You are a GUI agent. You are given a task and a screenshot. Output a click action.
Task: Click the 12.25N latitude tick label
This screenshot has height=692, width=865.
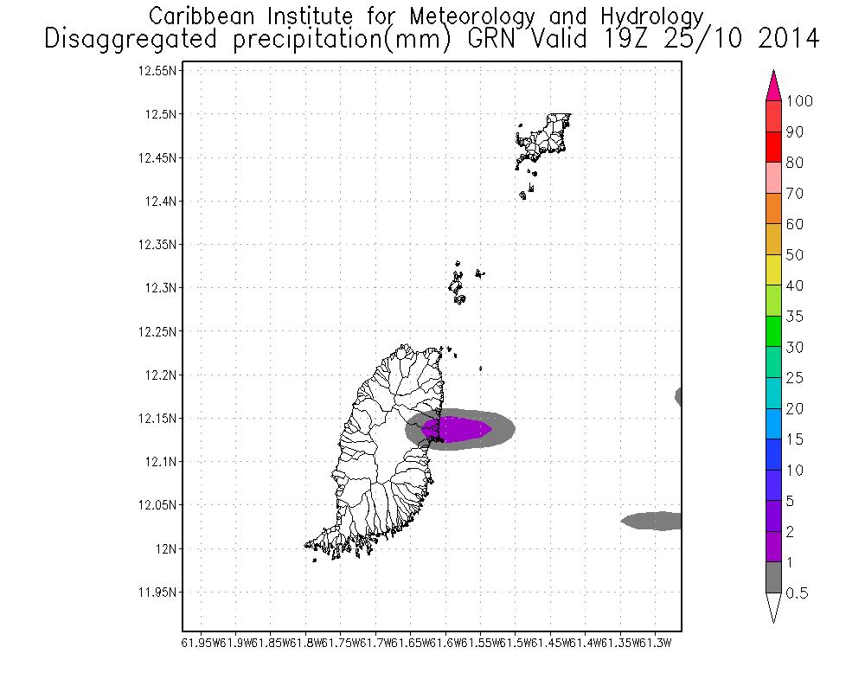(x=158, y=331)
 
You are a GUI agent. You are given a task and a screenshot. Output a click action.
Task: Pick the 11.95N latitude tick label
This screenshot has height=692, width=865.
(x=158, y=593)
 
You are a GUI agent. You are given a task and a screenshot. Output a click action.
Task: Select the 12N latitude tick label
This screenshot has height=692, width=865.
(x=166, y=548)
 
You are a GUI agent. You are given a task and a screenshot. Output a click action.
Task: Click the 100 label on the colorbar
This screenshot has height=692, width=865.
(x=800, y=101)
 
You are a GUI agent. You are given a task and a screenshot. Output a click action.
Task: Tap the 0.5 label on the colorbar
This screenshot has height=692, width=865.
(x=798, y=593)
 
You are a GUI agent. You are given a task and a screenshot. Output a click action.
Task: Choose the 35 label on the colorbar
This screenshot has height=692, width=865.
(x=794, y=317)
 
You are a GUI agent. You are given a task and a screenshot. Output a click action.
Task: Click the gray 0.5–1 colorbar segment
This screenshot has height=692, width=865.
(x=773, y=578)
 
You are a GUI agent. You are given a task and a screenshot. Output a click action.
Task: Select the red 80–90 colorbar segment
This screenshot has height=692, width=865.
(x=773, y=147)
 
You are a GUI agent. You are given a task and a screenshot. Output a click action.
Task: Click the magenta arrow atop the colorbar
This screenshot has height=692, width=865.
(x=773, y=86)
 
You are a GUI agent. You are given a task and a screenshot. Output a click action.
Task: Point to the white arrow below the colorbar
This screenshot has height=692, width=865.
(x=773, y=607)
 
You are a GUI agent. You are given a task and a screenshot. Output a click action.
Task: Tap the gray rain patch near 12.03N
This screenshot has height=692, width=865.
(x=653, y=521)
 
